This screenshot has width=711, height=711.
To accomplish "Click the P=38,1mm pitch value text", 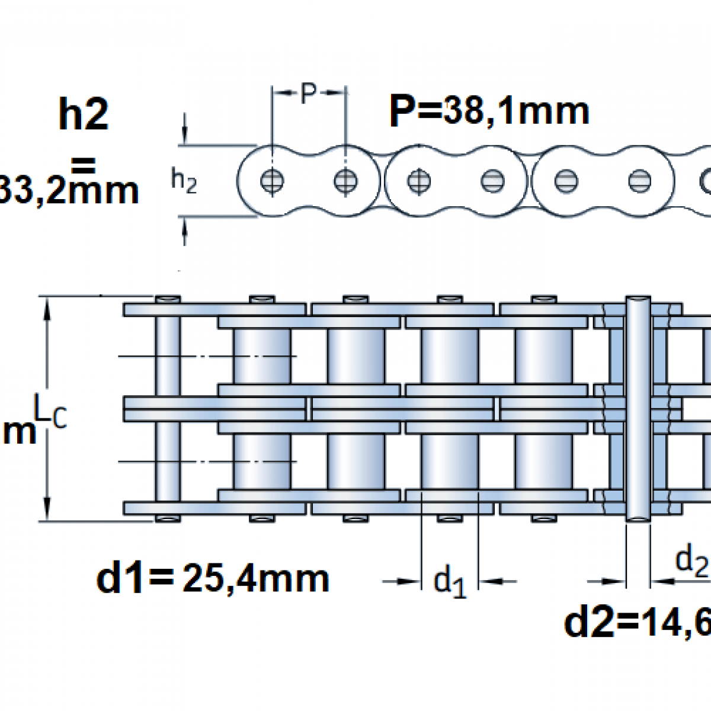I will click(489, 111).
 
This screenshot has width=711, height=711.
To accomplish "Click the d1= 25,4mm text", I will click(213, 578).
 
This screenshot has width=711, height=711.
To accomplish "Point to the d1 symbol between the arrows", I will click(450, 581).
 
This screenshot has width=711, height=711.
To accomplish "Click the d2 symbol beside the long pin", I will click(691, 561).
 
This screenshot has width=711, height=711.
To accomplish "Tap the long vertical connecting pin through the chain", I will click(638, 409).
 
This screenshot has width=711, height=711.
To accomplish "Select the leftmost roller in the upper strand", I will click(261, 355).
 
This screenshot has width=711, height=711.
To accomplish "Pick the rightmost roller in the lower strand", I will click(543, 461).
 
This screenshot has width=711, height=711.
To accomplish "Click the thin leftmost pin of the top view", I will click(168, 409).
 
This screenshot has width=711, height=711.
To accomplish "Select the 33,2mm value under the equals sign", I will click(68, 191).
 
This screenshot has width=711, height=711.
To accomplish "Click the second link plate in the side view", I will click(456, 180).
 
